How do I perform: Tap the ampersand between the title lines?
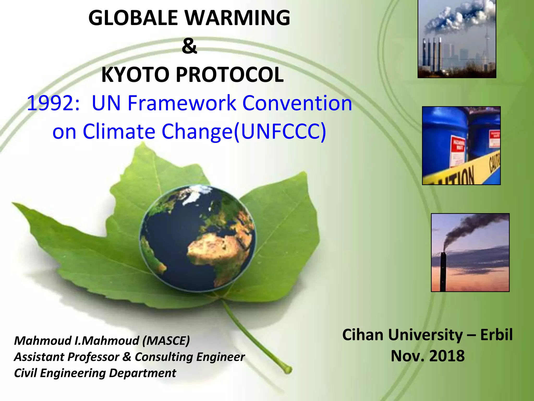click(189, 46)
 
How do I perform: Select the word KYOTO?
click(135, 75)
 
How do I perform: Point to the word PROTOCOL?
click(230, 75)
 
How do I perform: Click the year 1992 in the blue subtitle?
click(53, 103)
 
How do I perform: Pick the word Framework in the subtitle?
click(182, 103)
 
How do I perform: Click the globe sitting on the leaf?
click(197, 238)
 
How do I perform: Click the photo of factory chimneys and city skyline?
click(457, 39)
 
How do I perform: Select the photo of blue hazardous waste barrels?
click(461, 145)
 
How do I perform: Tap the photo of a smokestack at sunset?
click(470, 252)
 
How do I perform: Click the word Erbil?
click(496, 335)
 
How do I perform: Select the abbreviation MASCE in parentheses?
click(166, 341)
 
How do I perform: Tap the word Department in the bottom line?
click(142, 373)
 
